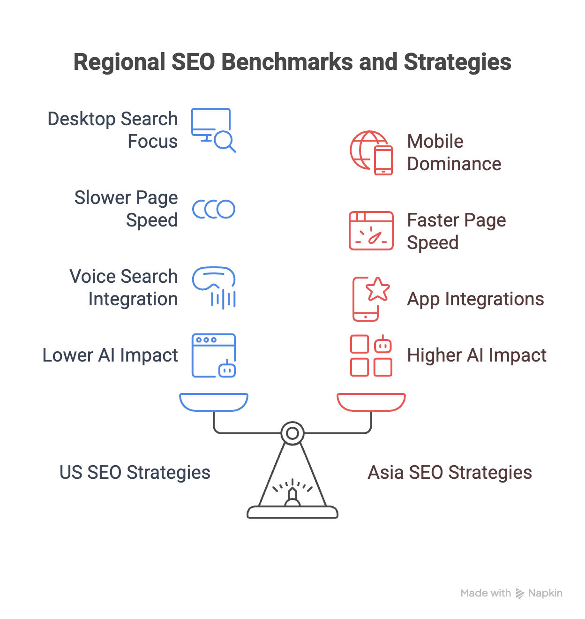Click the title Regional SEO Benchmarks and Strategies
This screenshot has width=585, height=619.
pos(292,62)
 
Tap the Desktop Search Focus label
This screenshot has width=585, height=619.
pos(112,130)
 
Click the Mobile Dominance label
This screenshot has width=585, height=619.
pos(454,152)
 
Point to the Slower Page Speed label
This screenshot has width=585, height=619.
pos(126,209)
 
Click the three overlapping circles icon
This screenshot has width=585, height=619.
pos(213,209)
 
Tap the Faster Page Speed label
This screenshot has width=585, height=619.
pos(456,231)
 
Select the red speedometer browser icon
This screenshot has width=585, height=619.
pos(371,231)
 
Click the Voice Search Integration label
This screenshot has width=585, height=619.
pos(124,287)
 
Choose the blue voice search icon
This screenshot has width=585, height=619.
pos(214,287)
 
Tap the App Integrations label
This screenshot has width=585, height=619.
pos(475,299)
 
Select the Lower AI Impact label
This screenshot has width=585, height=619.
pos(110,355)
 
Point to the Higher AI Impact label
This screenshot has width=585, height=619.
pos(477,355)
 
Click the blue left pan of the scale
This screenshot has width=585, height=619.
pos(214,402)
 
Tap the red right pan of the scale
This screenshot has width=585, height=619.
pos(371,402)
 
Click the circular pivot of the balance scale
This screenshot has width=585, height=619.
pos(292,433)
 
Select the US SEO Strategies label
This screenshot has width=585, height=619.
pos(135,472)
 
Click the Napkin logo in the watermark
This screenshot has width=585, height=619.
pos(520,593)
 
